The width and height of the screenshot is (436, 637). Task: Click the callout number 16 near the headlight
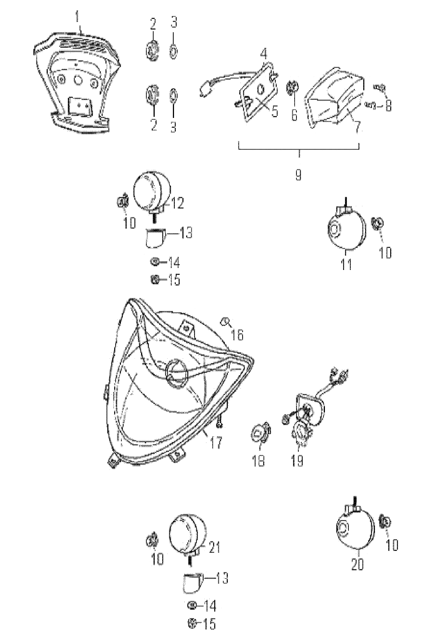238,334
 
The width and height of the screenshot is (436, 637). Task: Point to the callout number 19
298,460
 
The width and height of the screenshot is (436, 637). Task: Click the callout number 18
259,460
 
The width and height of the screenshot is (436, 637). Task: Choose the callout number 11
345,264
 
